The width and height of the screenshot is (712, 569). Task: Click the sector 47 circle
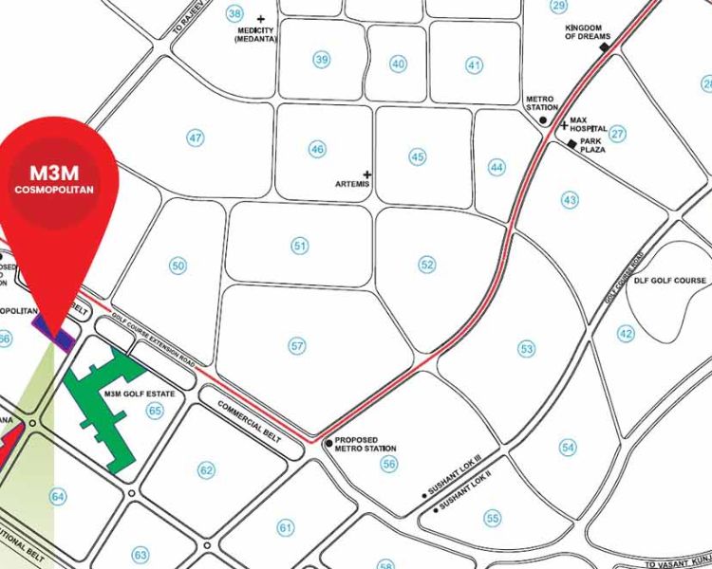(x=196, y=138)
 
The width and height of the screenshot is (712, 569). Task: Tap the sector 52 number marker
(x=427, y=264)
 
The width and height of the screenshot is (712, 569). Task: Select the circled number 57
(x=298, y=346)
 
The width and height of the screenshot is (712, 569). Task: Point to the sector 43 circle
(x=570, y=200)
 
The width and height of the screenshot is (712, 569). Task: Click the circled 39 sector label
(x=322, y=60)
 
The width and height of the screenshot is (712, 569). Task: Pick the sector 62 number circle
(x=206, y=469)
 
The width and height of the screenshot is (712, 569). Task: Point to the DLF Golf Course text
(x=670, y=281)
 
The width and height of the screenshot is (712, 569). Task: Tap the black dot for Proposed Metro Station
(x=328, y=442)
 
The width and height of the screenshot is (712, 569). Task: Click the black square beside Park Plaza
(x=571, y=143)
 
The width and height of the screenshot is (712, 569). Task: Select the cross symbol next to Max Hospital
(x=564, y=125)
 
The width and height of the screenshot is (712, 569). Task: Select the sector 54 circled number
(x=568, y=447)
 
